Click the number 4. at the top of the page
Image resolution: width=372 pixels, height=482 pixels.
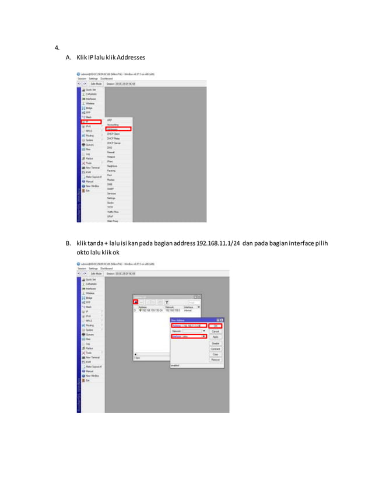tap(57, 48)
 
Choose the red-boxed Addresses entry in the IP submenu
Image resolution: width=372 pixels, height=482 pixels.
tap(118, 129)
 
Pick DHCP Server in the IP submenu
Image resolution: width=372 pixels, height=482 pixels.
tap(115, 143)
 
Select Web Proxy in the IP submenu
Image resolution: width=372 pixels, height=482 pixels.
tap(113, 221)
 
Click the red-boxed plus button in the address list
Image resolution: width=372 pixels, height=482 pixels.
tap(136, 302)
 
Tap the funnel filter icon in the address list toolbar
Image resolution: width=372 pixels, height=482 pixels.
tap(166, 302)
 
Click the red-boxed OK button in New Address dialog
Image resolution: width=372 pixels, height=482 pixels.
tap(215, 325)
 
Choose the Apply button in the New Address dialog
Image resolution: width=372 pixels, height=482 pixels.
tap(215, 337)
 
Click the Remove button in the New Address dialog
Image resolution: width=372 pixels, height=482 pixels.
tap(215, 359)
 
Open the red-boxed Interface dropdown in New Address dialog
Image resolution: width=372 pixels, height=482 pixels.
tap(203, 336)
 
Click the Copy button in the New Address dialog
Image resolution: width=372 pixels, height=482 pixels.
tap(215, 354)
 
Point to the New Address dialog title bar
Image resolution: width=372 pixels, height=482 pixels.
tap(192, 320)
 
